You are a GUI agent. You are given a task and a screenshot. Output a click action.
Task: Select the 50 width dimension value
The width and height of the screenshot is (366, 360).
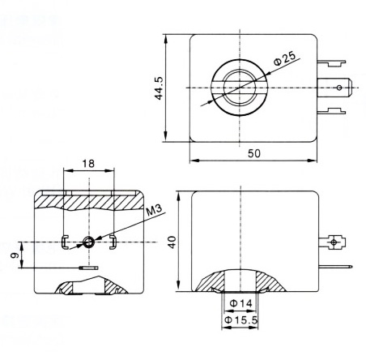click(253, 152)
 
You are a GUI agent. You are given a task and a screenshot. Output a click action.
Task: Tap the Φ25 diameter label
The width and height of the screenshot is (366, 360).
click(284, 58)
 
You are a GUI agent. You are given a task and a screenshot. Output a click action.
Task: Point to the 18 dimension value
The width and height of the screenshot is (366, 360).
click(88, 164)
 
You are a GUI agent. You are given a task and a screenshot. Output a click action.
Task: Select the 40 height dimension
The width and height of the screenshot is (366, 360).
click(171, 242)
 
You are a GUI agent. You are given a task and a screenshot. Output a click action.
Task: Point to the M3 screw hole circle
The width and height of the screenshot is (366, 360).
click(89, 241)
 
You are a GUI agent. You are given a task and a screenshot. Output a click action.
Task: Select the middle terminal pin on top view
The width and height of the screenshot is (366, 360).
click(338, 85)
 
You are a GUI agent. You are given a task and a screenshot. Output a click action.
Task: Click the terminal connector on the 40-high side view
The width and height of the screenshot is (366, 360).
click(336, 242)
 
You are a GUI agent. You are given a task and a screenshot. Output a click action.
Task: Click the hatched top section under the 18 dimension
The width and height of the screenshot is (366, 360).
click(89, 198)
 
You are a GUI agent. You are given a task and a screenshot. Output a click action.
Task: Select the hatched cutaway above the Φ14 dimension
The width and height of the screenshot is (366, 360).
click(240, 281)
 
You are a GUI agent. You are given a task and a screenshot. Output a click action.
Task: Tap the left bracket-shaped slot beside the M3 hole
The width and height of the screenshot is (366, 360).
click(65, 241)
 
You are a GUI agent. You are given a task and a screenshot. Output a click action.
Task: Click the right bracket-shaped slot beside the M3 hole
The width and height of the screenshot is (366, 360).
click(113, 241)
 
